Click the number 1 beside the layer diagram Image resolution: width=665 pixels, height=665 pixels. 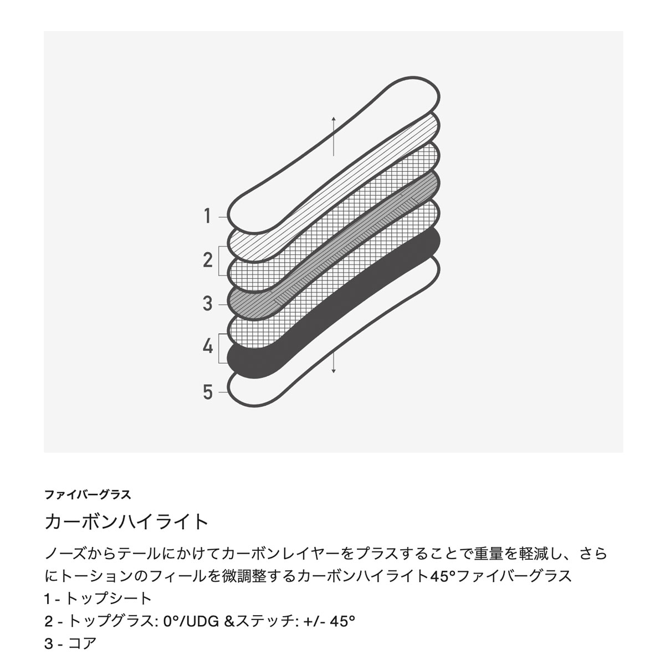point(207,216)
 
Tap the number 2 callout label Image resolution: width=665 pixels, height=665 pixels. point(208,260)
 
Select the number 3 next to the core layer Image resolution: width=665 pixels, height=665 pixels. point(207,304)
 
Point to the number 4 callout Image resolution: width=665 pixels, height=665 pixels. point(208,346)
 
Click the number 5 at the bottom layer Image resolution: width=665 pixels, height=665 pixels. point(208,392)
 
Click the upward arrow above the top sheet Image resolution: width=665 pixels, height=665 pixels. point(334,136)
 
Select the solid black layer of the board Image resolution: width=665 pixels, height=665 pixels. point(333,304)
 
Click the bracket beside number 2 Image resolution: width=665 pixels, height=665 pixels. point(219,260)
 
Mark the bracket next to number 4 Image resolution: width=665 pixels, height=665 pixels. point(219,348)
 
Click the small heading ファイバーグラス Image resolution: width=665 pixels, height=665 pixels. point(88,495)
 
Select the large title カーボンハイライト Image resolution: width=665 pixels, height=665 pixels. point(126,522)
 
